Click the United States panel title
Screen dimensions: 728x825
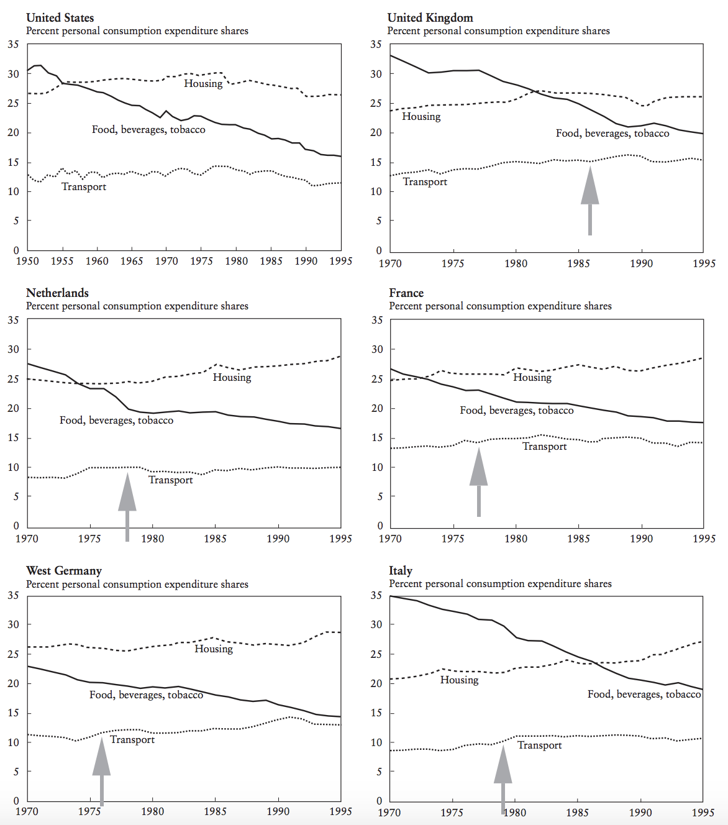[x=60, y=17]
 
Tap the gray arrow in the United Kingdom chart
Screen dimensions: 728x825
[x=589, y=200]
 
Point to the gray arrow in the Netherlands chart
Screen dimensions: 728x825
[x=127, y=506]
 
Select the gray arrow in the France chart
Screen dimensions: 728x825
[x=478, y=482]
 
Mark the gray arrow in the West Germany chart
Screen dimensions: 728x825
[x=101, y=771]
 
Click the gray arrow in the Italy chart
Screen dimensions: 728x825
[x=503, y=779]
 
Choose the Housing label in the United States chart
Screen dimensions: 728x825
[x=203, y=83]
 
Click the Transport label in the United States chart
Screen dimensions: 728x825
[x=83, y=186]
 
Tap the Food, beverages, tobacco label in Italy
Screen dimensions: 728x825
[x=644, y=695]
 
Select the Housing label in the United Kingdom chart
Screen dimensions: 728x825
[x=421, y=116]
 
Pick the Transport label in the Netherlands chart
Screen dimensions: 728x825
[x=171, y=480]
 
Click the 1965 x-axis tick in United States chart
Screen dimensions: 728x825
[x=132, y=261]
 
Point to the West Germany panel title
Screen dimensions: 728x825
[x=64, y=570]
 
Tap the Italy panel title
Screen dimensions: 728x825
[x=401, y=570]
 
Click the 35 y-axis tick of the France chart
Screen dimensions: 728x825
[x=377, y=320]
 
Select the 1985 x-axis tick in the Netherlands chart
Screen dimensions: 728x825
[x=215, y=539]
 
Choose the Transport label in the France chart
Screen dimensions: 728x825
[x=544, y=446]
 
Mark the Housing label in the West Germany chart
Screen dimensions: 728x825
[x=214, y=649]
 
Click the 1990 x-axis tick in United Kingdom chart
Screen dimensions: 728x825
[x=641, y=263]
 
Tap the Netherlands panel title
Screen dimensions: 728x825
[x=57, y=293]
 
